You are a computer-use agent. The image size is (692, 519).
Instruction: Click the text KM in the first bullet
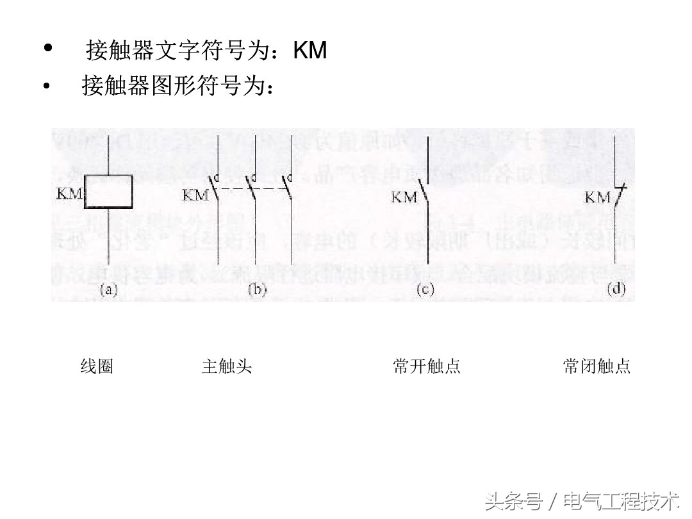310,50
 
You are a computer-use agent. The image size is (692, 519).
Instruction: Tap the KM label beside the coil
69,193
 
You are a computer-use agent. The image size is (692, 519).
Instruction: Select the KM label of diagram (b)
195,195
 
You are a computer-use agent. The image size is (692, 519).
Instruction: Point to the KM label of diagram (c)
404,197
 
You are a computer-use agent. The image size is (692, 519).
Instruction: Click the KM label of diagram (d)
597,197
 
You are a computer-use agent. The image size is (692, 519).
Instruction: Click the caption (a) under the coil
108,290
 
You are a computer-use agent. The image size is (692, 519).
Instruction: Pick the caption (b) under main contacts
256,290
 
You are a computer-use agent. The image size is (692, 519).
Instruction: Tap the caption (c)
425,290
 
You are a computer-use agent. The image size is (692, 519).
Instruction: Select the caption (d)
616,290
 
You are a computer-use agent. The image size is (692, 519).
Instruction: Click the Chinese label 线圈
97,367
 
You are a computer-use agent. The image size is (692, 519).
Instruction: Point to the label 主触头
227,367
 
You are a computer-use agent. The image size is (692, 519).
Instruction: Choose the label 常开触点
427,367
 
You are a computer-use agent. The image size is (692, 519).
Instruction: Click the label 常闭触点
597,367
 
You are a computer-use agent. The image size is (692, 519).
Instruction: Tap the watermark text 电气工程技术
620,500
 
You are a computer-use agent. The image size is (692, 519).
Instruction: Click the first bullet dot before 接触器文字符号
48,49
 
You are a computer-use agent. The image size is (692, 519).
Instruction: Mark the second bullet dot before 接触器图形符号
46,85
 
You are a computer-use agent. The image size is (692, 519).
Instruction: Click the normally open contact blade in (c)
424,190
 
